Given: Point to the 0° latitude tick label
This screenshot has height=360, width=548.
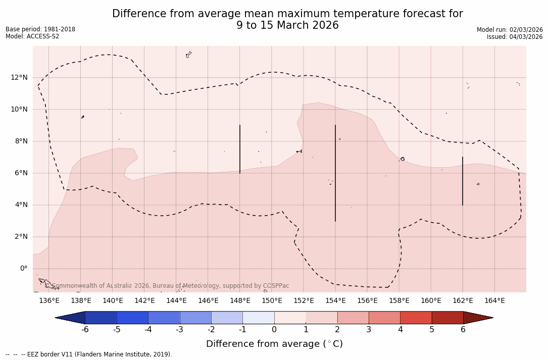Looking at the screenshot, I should coord(23,269).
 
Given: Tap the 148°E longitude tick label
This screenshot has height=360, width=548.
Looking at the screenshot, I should coord(240,301).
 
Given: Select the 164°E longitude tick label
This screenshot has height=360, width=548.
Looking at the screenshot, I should coord(494,301).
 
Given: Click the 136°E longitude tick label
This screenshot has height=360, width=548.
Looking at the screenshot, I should coord(49,301).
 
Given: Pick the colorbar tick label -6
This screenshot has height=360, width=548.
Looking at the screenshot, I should coord(85,330).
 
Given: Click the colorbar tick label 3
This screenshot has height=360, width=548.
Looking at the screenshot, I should coord(369,330).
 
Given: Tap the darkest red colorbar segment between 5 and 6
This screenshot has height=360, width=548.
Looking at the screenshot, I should coord(447,318).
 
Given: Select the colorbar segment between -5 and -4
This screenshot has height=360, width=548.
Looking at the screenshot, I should coord(133,318).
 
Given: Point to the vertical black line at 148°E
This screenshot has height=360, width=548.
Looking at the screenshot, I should coord(240,149).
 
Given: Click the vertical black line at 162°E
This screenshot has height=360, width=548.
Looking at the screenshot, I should coord(463,181).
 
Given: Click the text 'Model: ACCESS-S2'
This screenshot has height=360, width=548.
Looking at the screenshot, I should coord(32,36).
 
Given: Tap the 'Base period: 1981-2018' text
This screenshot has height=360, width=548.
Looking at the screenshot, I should coord(40,29).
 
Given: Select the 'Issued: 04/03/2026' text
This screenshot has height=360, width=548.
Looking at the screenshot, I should coord(515,37).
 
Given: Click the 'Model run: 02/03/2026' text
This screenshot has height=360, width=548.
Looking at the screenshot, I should coord(510,30).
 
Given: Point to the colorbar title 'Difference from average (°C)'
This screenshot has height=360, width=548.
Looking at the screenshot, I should coord(274,344).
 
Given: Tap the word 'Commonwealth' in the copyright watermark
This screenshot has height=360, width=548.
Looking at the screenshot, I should coord(72,286).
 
